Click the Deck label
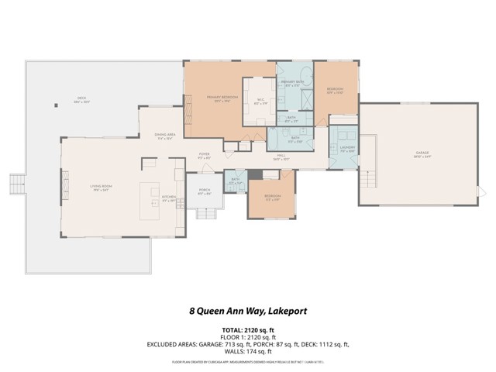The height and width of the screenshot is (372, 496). coord(83,100)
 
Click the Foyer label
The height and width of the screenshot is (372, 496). coord(205,156)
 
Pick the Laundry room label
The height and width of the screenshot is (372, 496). coord(346,150)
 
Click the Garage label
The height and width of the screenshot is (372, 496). coord(422,155)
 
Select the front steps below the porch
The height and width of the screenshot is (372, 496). coord(205,213)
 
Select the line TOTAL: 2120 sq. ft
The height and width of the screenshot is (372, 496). coord(247,329)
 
